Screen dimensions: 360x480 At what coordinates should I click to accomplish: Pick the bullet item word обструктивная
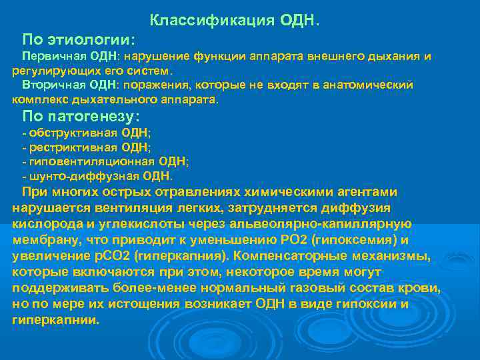click(x=69, y=132)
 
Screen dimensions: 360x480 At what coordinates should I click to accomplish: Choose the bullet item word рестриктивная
click(x=69, y=147)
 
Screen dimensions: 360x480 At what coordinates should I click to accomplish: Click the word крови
click(x=423, y=288)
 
